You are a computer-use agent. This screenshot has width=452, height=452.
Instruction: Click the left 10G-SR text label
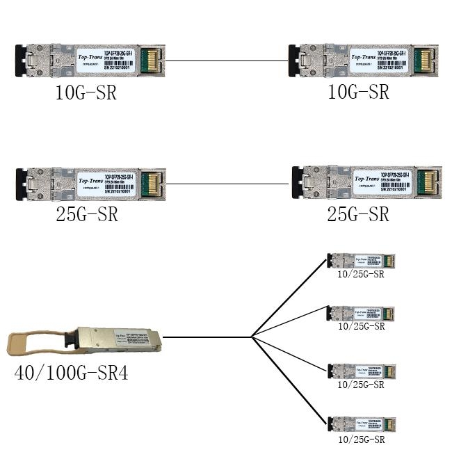pyautogui.click(x=86, y=92)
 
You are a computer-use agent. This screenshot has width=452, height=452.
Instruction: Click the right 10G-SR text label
pyautogui.click(x=358, y=92)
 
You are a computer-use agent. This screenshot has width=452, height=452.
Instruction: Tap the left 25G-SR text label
pyautogui.click(x=86, y=214)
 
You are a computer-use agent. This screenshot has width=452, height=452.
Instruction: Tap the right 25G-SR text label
pyautogui.click(x=358, y=214)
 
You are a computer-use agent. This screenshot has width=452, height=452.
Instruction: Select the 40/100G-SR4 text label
pyautogui.click(x=72, y=373)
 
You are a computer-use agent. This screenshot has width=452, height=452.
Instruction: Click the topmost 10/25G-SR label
pyautogui.click(x=361, y=274)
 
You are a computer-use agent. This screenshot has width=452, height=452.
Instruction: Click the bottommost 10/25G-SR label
pyautogui.click(x=361, y=439)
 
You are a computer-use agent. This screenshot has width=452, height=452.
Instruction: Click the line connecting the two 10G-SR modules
pyautogui.click(x=227, y=60)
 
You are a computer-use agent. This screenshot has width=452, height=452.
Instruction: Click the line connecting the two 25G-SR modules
pyautogui.click(x=227, y=184)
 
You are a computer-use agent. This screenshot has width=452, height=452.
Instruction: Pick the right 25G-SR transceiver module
pyautogui.click(x=366, y=182)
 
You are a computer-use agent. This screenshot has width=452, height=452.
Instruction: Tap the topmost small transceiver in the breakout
pyautogui.click(x=361, y=261)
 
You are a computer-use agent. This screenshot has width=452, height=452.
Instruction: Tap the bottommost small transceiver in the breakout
pyautogui.click(x=361, y=424)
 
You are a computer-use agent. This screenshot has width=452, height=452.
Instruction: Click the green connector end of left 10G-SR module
pyautogui.click(x=151, y=59)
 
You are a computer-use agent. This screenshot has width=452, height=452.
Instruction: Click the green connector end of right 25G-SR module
pyautogui.click(x=426, y=182)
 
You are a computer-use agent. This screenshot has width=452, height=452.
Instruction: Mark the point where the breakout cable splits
pyautogui.click(x=251, y=337)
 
